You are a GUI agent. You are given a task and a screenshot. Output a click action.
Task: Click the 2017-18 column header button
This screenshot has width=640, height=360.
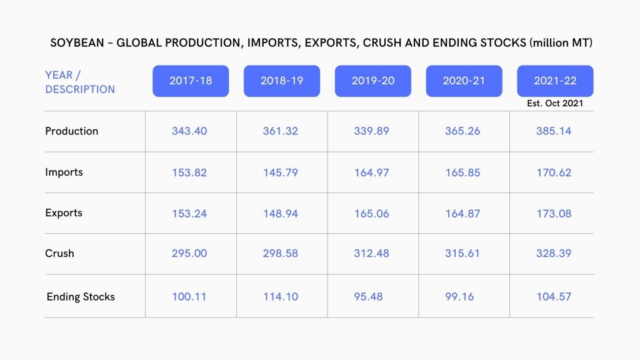[191, 81]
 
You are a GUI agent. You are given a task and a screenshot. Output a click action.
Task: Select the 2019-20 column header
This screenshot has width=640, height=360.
[372, 81]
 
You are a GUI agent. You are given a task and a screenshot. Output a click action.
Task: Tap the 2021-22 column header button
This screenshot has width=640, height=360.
[555, 81]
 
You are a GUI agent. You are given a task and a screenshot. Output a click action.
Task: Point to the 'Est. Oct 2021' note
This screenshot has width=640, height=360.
[555, 103]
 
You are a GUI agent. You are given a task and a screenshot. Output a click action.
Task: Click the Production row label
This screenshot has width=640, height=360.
[71, 131]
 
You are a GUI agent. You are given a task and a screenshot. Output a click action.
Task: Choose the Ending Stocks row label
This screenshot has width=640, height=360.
[81, 297]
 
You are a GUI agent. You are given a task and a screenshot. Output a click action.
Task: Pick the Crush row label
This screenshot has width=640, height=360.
[59, 253]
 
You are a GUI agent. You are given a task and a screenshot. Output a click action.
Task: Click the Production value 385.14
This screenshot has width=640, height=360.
[554, 131]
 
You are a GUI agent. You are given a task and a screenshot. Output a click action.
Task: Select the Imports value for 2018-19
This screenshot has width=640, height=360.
[281, 172]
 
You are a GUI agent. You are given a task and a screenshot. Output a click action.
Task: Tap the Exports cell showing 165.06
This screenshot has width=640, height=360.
[371, 213]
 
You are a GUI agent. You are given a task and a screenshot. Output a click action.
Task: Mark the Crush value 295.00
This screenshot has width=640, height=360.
[189, 254]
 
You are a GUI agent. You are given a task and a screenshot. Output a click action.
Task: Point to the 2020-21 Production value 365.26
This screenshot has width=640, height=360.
[462, 131]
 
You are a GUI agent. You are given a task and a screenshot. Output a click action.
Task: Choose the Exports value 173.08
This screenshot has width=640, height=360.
[554, 213]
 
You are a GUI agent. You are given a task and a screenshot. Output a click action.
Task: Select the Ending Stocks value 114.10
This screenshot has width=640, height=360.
[281, 297]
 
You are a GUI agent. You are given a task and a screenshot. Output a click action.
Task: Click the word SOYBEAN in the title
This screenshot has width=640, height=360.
[75, 44]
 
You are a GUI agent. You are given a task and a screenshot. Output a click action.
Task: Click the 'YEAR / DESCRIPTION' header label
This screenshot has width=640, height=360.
[79, 82]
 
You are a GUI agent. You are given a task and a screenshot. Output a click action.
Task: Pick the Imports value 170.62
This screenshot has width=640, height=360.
[554, 172]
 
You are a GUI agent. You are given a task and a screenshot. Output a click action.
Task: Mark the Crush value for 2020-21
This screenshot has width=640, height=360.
[462, 254]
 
